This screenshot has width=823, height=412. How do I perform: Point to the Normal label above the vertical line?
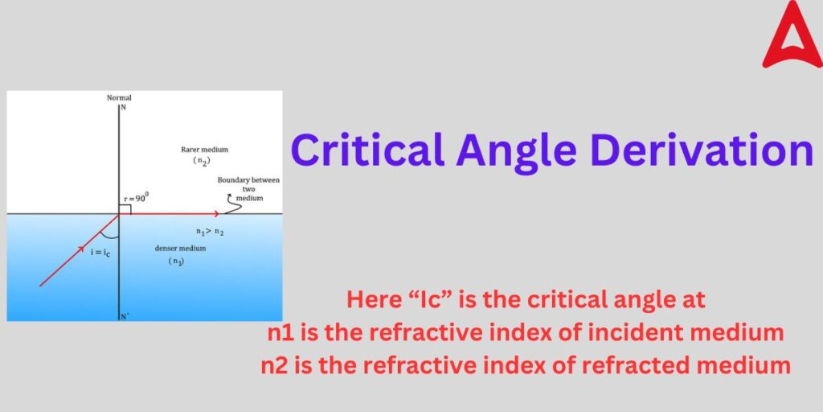(x=119, y=98)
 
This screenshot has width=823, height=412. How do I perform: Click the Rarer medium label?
(x=206, y=150)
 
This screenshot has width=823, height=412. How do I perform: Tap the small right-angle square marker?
(x=125, y=208)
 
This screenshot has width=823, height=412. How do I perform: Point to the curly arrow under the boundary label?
(x=233, y=206)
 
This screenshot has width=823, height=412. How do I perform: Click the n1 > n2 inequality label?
(x=210, y=232)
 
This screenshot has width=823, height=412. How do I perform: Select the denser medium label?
(x=180, y=249)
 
